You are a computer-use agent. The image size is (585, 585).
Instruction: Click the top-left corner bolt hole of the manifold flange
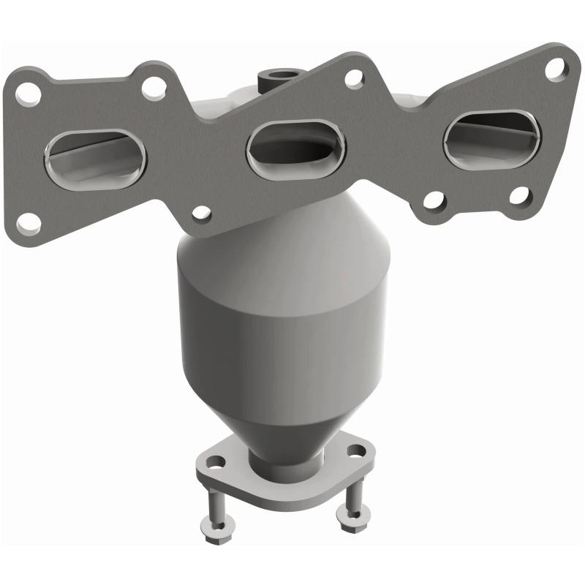pyautogui.click(x=30, y=93)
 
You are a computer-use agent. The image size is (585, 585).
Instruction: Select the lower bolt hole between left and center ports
pyautogui.click(x=201, y=214)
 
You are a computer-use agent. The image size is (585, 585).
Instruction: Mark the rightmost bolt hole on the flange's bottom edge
pyautogui.click(x=519, y=196)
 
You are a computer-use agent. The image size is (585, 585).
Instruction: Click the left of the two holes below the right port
pyautogui.click(x=434, y=200)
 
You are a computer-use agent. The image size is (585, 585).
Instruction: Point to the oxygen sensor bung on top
pyautogui.click(x=277, y=75)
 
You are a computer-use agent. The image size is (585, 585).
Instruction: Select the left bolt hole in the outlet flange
pyautogui.click(x=216, y=462)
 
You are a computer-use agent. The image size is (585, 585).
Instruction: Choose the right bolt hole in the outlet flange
pyautogui.click(x=355, y=452)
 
